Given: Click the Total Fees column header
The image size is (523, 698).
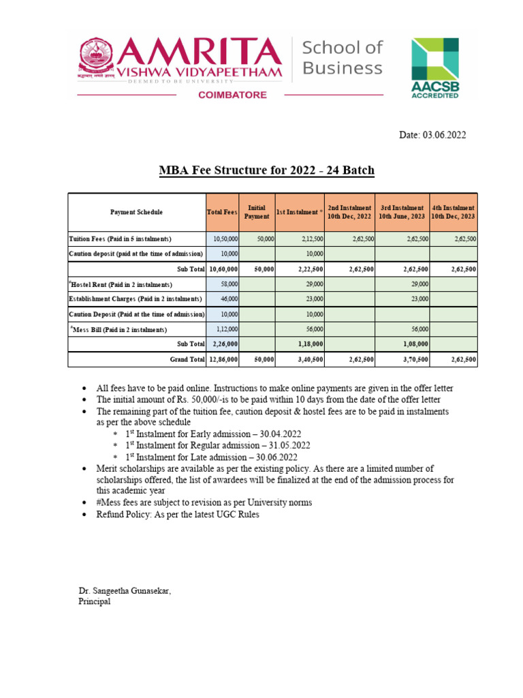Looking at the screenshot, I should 222,212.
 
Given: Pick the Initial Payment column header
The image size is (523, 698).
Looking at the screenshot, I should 257,212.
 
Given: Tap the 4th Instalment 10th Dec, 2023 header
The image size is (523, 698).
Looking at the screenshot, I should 454,212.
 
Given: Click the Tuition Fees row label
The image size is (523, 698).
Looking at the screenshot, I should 120,239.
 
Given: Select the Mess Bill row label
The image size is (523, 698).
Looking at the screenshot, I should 118,329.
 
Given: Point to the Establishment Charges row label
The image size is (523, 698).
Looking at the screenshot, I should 136,299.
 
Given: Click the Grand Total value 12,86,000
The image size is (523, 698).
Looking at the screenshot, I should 223,359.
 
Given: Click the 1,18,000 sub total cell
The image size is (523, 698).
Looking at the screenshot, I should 308,344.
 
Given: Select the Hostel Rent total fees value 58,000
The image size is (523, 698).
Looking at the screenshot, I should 229,284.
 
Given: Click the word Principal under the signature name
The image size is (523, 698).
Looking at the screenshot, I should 95,602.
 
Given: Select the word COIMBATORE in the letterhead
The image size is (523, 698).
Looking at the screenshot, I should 232,95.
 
